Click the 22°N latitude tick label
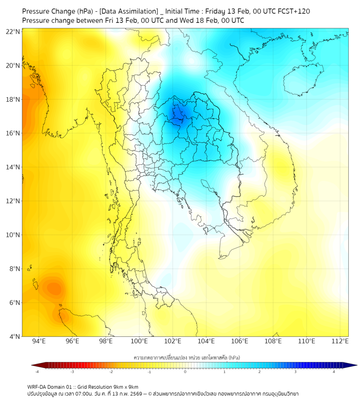tap(13, 31)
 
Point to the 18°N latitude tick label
tap(13, 100)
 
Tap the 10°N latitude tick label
tap(13, 235)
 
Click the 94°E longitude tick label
tap(39, 341)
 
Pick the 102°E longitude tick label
tap(173, 341)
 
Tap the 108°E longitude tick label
tap(273, 341)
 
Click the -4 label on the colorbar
tap(37, 372)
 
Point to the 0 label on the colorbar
tap(185, 372)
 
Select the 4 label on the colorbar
tap(334, 372)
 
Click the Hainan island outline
tap(304, 80)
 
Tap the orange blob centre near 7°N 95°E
tap(54, 288)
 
